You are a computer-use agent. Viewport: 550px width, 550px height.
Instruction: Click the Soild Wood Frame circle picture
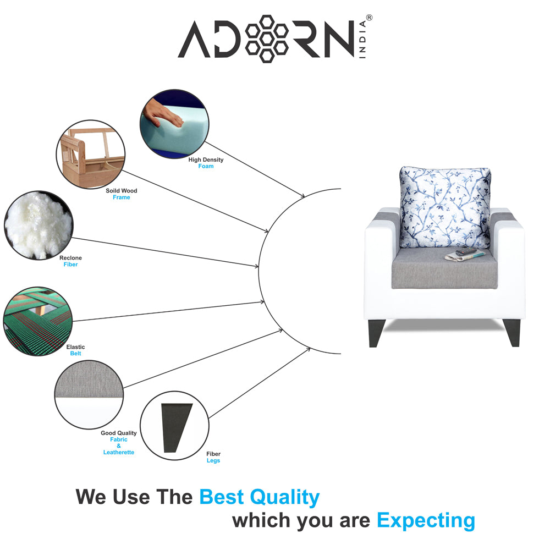[x=91, y=156]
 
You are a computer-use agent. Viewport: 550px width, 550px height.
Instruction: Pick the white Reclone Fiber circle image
[x=38, y=225]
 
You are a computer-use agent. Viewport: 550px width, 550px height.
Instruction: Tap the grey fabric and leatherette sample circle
[x=89, y=395]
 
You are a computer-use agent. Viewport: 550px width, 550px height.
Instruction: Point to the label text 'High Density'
[x=206, y=159]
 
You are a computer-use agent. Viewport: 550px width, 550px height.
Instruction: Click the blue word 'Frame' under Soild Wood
[x=122, y=197]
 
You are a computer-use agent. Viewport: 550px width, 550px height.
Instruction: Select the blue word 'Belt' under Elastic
[x=75, y=354]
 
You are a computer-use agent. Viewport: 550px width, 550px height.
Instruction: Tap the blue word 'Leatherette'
[x=119, y=452]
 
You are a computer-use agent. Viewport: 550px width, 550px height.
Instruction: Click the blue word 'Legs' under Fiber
[x=213, y=461]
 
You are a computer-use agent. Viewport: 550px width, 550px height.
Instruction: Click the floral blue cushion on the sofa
[x=445, y=207]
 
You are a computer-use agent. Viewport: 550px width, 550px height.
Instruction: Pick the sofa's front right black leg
[x=513, y=332]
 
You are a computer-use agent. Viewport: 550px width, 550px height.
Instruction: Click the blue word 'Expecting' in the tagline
[x=426, y=520]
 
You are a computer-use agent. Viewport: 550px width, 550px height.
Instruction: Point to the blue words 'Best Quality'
[x=259, y=497]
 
